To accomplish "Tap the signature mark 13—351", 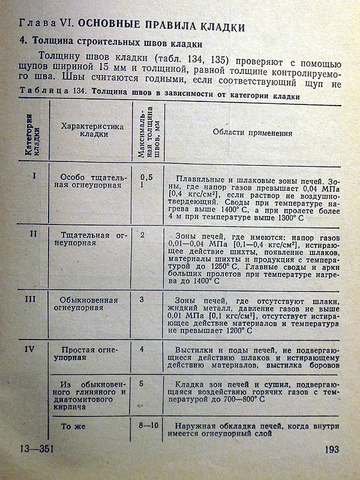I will pos(34,450).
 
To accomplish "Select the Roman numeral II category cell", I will pos(34,233).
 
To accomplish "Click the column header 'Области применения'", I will pos(245,133).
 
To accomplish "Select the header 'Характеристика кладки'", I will pos(92,130).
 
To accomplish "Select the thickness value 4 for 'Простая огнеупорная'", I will pos(142,349).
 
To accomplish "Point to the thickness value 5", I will pos(142,383).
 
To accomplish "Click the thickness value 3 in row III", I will pos(142,299).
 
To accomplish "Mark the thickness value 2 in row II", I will pos(142,234).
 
